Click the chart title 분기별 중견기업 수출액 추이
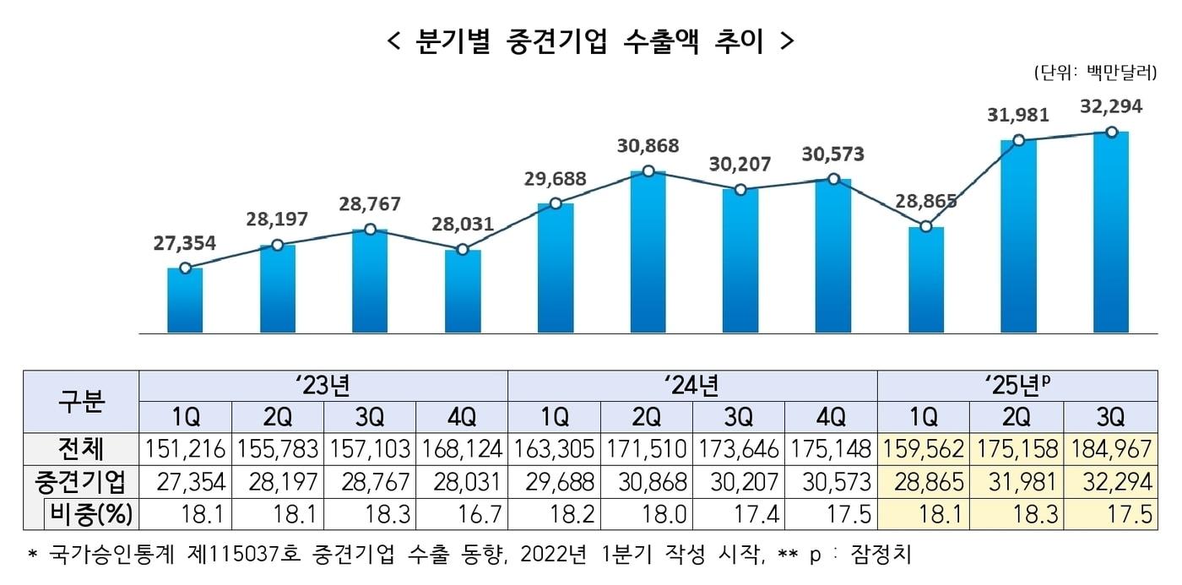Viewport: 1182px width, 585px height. (x=590, y=41)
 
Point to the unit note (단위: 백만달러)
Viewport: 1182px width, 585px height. (x=1094, y=73)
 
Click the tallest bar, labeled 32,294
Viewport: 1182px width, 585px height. (x=1111, y=231)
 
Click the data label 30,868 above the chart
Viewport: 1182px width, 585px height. (x=648, y=146)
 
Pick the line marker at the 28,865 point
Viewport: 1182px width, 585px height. (x=926, y=226)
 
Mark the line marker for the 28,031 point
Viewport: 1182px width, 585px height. (x=463, y=249)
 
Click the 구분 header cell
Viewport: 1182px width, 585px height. (x=81, y=401)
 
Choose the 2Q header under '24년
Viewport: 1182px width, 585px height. (x=647, y=417)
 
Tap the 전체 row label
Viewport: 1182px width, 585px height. (x=81, y=447)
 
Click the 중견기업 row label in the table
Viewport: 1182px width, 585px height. (x=81, y=481)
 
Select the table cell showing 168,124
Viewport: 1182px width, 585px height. (x=462, y=448)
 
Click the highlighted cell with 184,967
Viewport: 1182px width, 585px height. (x=1110, y=448)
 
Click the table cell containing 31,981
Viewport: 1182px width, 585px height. (x=1017, y=481)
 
